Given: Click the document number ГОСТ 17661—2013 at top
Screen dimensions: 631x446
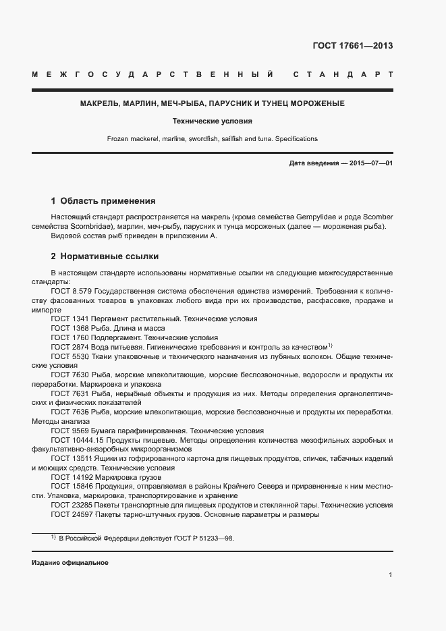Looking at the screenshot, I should tap(352, 46).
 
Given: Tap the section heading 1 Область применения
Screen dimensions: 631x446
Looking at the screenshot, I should tap(103, 201).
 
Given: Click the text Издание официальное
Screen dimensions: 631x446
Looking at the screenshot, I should tap(69, 562).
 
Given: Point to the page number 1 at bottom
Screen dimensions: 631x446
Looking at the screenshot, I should tap(391, 574).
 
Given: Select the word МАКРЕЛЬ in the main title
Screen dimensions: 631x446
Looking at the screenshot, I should tap(100, 104).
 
